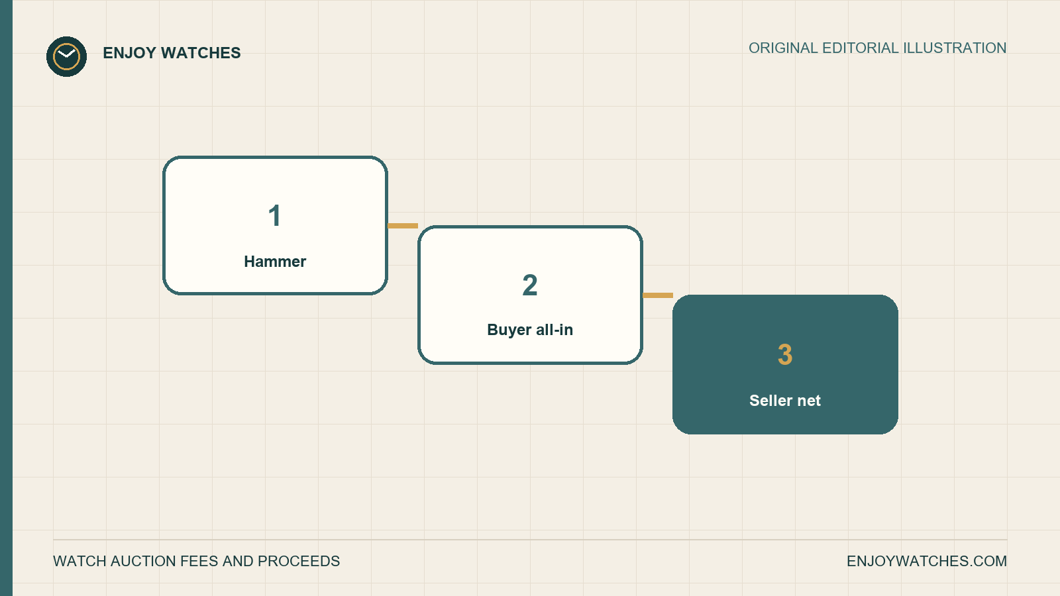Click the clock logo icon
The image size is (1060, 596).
pos(66,56)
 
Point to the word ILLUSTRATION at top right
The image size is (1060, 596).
pos(955,48)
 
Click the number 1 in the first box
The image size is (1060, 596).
pos(274,216)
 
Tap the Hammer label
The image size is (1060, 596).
pos(275,262)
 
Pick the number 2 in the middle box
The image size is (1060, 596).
pos(530,285)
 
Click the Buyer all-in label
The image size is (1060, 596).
pos(530,330)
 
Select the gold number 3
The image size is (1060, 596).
pos(785,355)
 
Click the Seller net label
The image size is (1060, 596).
pos(785,401)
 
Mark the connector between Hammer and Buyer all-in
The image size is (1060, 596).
pos(403,226)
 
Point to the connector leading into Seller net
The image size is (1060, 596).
pos(658,295)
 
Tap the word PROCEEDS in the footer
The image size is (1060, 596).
pos(299,561)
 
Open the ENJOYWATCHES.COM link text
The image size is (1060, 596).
pos(927,561)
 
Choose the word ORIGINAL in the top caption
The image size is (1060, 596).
pos(783,48)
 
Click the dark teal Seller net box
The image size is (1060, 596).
pos(785,364)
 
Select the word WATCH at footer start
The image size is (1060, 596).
pos(79,561)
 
